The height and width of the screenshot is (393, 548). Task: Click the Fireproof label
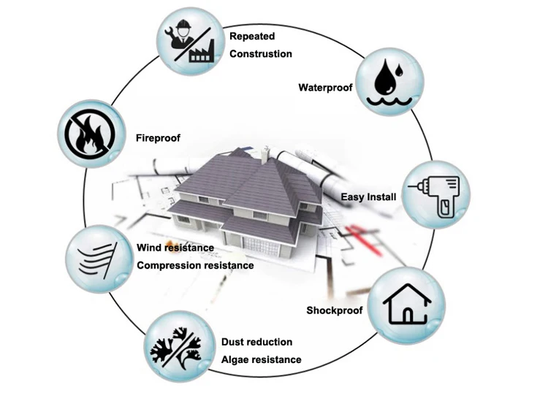158,137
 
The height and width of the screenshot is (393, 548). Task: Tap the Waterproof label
325,88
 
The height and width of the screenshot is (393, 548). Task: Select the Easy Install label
368,197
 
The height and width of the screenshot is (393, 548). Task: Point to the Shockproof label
335,310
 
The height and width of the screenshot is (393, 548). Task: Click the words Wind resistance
175,248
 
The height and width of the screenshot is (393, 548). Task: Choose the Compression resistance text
195,265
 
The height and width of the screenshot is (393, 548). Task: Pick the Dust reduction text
256,342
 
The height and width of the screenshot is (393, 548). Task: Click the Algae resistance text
261,359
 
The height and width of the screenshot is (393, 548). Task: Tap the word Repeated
252,35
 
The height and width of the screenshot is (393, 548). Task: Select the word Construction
261,53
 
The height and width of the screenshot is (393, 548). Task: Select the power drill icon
438,195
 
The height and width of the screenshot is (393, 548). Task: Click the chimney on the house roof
265,154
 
